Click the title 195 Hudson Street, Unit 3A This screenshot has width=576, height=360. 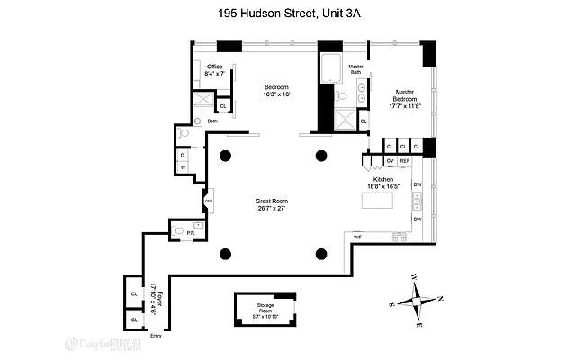point(287,13)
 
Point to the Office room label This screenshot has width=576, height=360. point(214,67)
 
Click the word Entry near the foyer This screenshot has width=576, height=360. point(156,336)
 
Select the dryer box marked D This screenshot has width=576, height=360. point(183,154)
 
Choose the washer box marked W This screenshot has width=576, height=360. point(183,167)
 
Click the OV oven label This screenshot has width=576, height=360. point(390,160)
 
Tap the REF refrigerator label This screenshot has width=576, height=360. point(404,160)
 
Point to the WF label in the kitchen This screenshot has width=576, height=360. point(357,237)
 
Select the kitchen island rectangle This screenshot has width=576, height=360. point(378,200)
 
